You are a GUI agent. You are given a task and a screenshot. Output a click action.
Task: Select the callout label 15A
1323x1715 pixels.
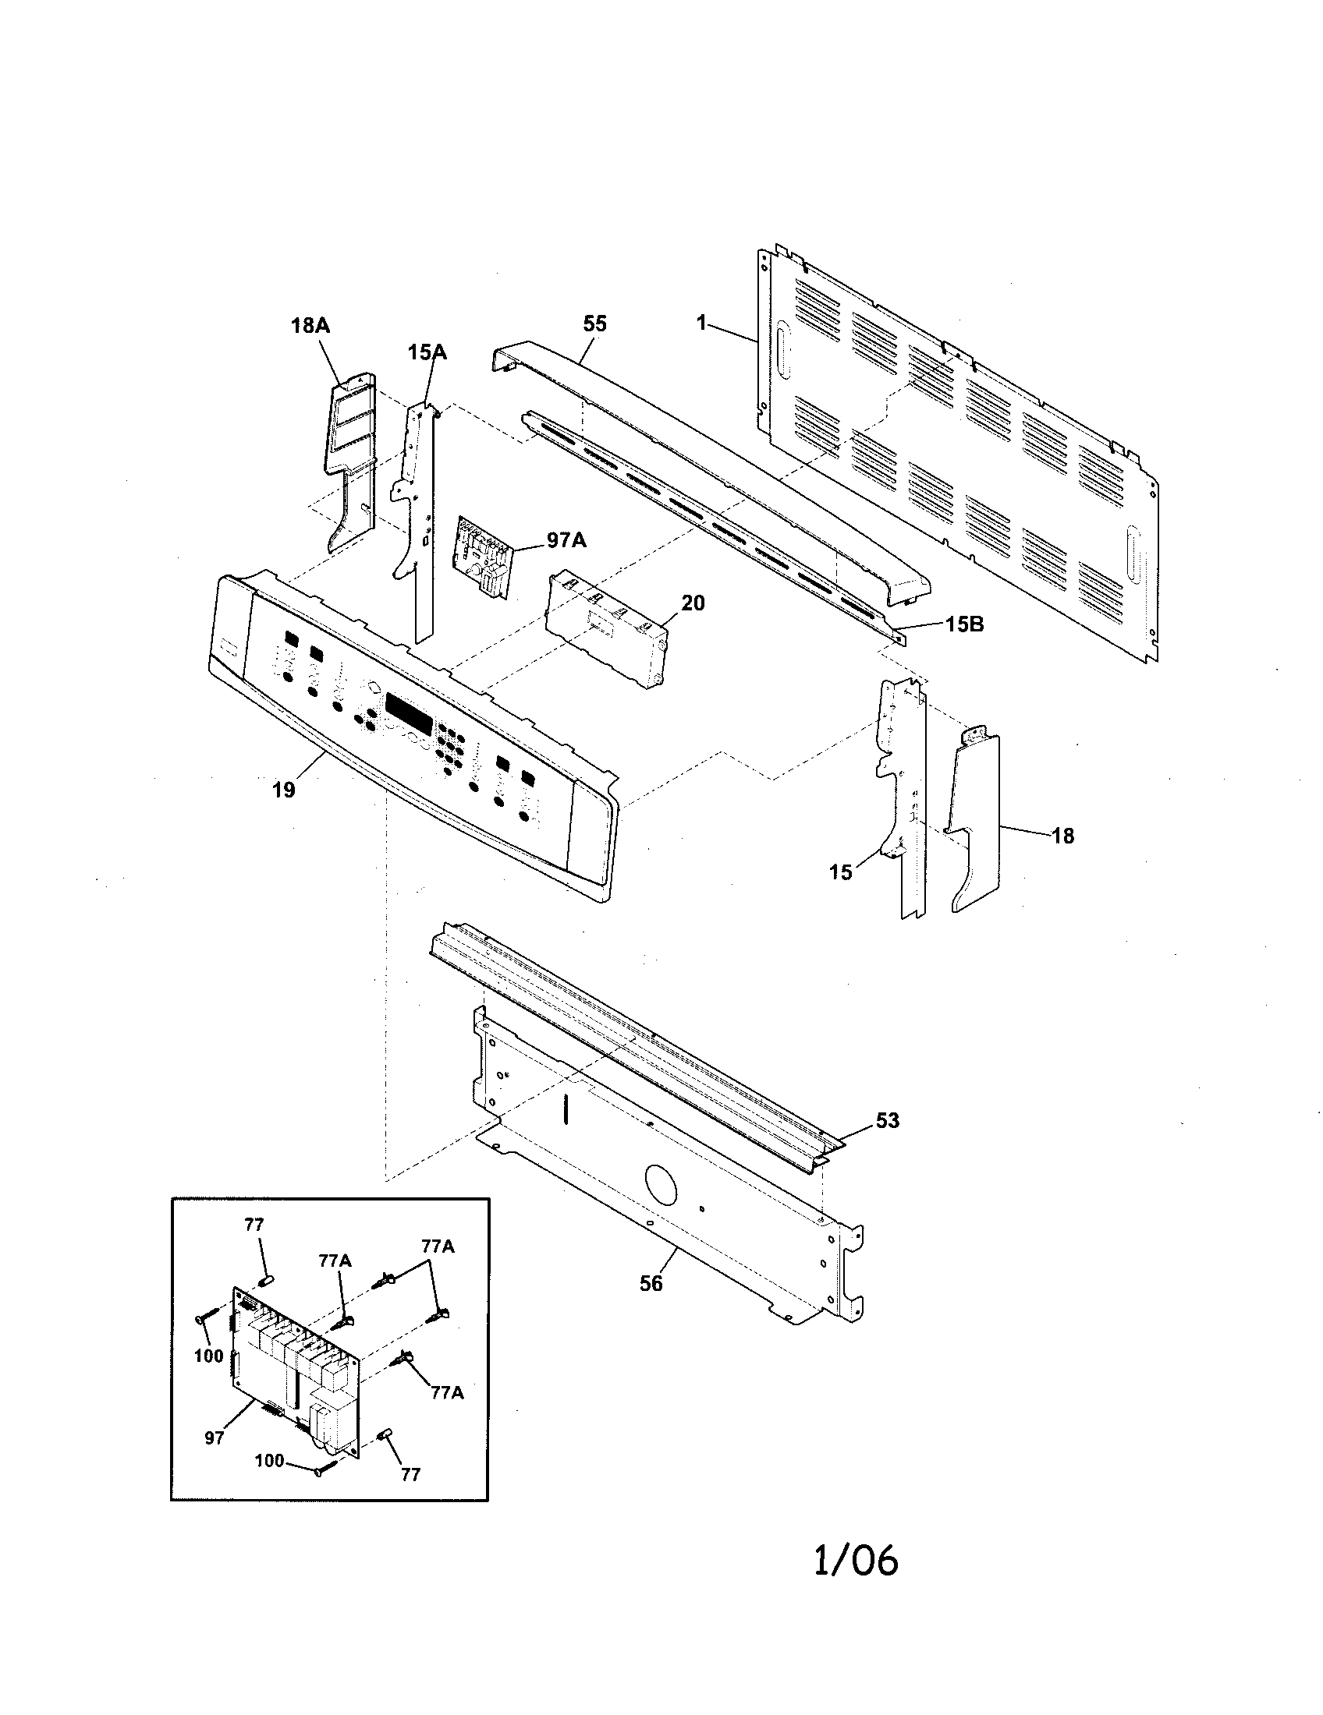coord(427,352)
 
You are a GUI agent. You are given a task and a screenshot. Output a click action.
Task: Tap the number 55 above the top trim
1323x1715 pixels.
coord(594,324)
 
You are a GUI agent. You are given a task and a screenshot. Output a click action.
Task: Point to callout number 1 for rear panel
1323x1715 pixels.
coord(702,322)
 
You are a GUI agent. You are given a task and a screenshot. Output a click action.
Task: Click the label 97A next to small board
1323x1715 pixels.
coord(566,540)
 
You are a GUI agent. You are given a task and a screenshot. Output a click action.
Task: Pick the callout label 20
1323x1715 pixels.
coord(693,603)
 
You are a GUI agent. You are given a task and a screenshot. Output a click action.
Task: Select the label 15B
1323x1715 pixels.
coord(964,624)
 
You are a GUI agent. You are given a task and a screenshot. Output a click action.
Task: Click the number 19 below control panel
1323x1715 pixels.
coord(284,790)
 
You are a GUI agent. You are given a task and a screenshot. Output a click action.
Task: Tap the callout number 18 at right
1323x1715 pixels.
coord(1063,836)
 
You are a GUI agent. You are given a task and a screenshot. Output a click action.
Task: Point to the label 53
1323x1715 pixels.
coord(888,1120)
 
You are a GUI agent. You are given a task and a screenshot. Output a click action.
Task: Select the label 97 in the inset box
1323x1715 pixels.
coord(215,1437)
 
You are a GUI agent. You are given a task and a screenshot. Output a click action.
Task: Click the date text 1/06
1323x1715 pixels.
coord(856,1561)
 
